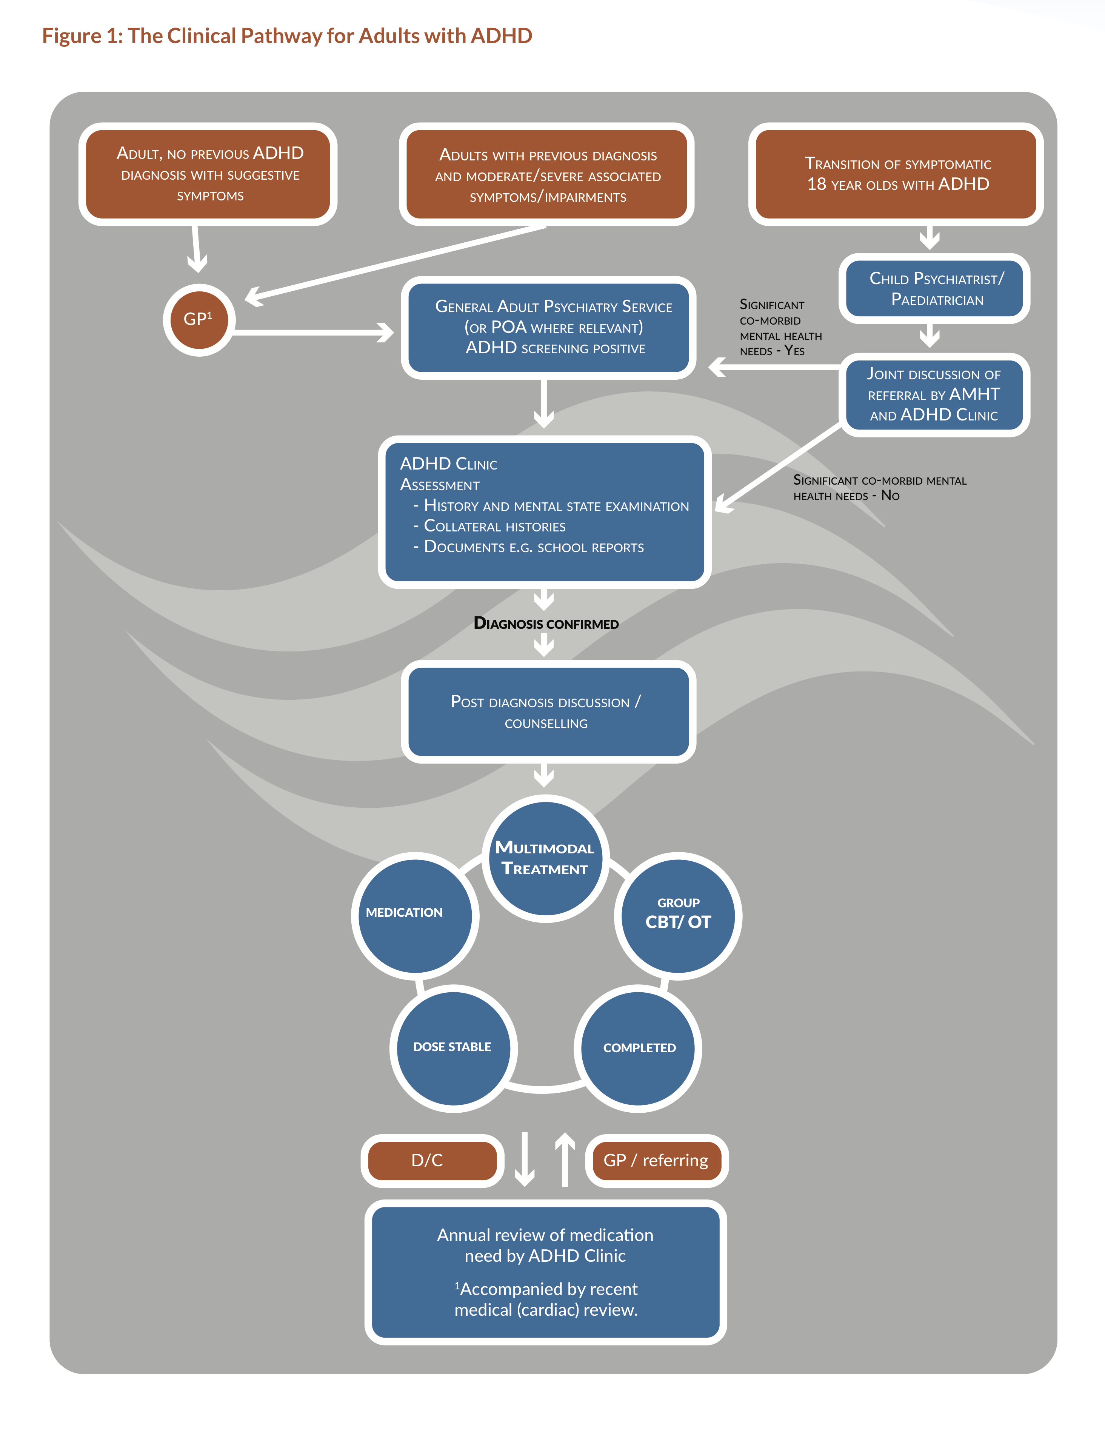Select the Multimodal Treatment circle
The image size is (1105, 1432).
pos(545,858)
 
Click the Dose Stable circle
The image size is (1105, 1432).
pos(452,1047)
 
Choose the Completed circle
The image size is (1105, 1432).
pos(639,1048)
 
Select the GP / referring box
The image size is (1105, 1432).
pos(656,1161)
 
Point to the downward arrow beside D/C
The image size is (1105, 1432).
pos(524,1159)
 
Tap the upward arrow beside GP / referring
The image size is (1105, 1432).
pos(565,1159)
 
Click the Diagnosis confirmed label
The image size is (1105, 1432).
pos(546,624)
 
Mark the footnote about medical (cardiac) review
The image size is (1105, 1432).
pos(546,1300)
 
